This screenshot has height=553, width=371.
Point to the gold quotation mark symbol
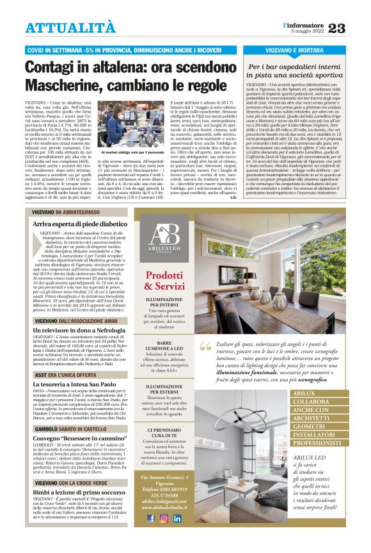click(205, 347)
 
